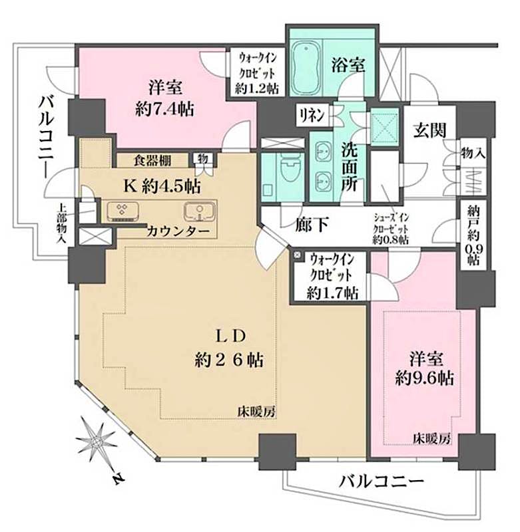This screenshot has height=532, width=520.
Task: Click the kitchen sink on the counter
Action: tap(198, 211)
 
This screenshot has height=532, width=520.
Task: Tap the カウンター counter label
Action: tap(180, 231)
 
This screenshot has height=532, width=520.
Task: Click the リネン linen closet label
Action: tap(312, 114)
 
